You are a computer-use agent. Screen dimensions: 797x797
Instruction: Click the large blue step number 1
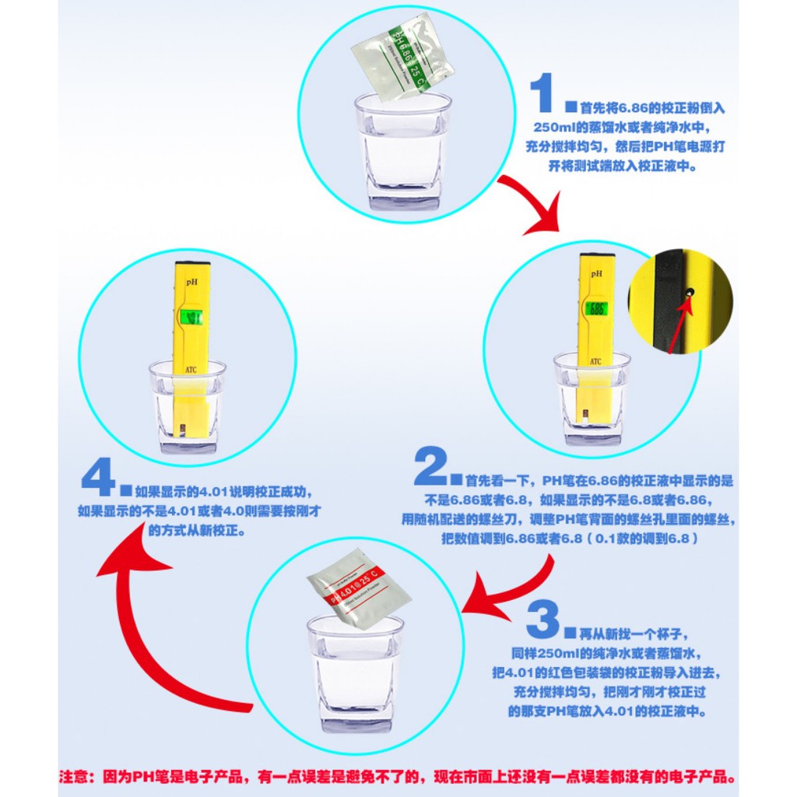542,94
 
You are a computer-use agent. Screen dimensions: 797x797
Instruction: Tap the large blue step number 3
542,619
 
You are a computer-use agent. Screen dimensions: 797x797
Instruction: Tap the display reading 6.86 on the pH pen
597,308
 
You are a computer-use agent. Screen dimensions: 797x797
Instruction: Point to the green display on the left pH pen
191,317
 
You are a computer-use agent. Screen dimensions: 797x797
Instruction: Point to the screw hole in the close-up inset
690,293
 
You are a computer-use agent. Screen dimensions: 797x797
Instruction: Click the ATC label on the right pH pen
595,361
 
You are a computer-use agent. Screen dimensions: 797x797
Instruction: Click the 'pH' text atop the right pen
596,274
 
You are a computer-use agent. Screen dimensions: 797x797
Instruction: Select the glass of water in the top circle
402,151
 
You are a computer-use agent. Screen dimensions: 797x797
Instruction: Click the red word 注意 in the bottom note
75,777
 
